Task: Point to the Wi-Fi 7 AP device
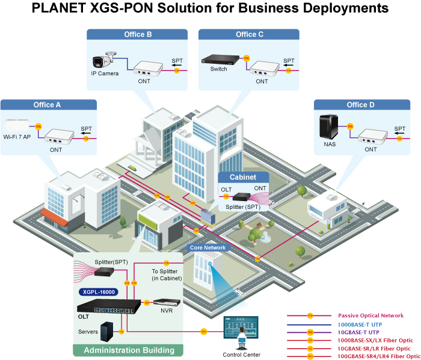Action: [16, 126]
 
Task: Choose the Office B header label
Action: [138, 34]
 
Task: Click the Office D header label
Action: [360, 105]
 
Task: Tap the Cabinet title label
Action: [242, 177]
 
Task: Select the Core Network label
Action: [207, 247]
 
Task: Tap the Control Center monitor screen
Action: [242, 328]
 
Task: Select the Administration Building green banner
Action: [129, 350]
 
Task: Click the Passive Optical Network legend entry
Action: [370, 315]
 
